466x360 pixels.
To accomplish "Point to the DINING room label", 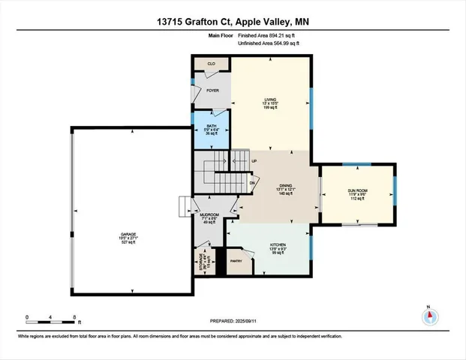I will (285, 185).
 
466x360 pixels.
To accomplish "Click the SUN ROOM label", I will (356, 190).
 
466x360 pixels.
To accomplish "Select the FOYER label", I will (212, 90).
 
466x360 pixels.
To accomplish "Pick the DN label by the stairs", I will (252, 182).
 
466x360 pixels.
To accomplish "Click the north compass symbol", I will (429, 316).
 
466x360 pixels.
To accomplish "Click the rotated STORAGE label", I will (200, 262).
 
